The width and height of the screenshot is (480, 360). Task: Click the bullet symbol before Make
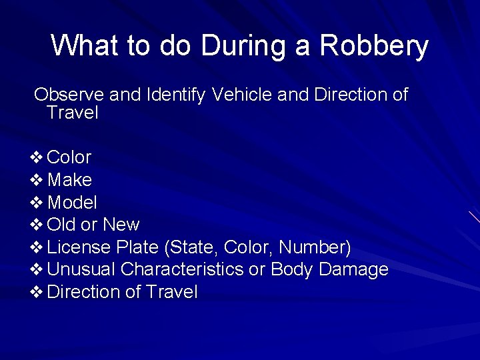coord(37,180)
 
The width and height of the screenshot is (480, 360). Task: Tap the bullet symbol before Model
coord(37,203)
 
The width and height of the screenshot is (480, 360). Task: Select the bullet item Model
coord(73,203)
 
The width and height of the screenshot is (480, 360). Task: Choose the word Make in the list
coord(70,180)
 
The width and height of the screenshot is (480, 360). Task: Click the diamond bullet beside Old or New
coord(37,225)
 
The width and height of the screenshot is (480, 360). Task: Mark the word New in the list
coord(121,225)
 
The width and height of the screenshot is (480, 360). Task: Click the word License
coord(79,247)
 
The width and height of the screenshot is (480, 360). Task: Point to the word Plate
coord(137,247)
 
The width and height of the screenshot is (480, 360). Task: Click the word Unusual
coord(82,270)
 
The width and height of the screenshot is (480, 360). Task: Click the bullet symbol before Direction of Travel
coord(37,292)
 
